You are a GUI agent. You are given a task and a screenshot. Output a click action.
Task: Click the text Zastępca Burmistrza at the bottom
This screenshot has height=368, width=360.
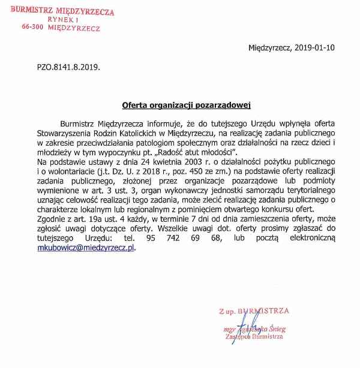tap(251, 337)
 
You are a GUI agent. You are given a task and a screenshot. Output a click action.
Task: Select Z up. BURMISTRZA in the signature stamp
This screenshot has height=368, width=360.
tap(254, 311)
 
